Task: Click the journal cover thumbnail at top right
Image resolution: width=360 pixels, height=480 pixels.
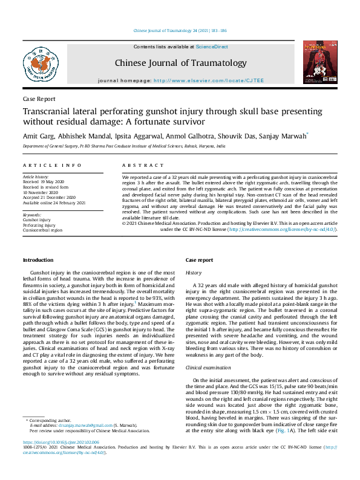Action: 319,64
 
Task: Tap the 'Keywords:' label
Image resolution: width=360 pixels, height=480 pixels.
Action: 32,215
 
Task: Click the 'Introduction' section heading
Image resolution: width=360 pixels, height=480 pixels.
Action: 38,260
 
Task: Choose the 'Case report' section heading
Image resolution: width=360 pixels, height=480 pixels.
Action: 199,260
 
